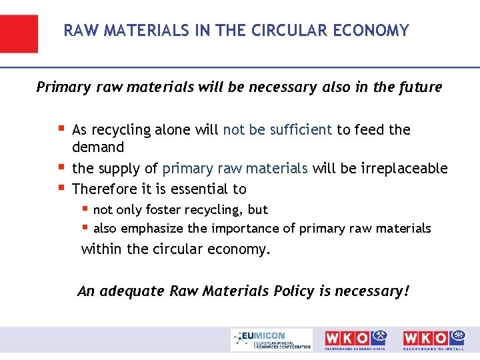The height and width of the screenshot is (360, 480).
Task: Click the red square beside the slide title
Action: (19, 33)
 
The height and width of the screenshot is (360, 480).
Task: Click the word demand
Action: (98, 147)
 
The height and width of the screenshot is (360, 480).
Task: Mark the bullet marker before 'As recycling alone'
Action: (61, 128)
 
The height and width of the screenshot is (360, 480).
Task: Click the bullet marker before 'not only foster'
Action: (85, 208)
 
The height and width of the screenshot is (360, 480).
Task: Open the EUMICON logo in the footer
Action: (271, 339)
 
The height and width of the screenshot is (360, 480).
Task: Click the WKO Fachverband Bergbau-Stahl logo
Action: (355, 339)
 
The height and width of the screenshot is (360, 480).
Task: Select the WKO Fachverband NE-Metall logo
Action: (434, 339)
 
